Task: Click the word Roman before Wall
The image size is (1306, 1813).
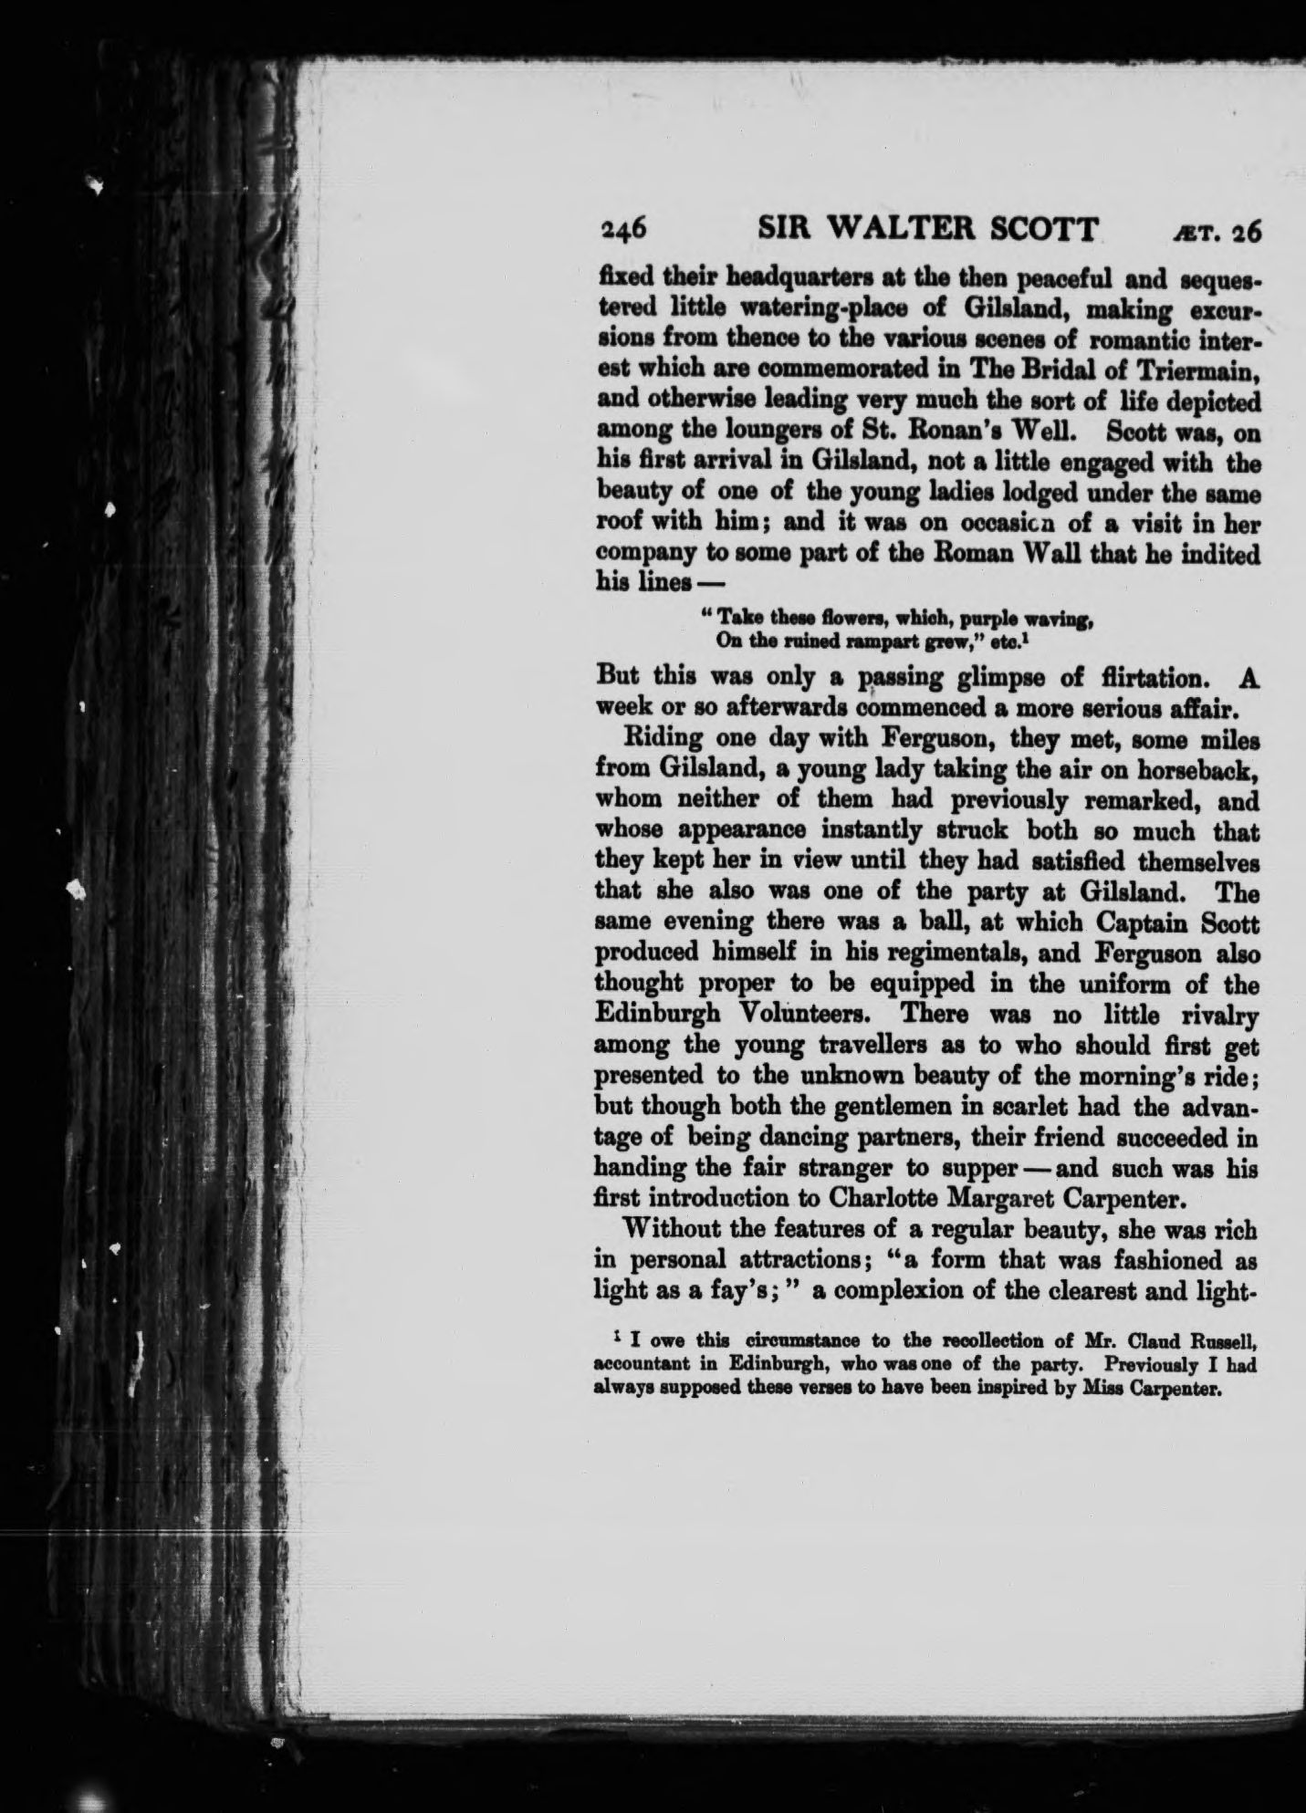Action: (x=935, y=554)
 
